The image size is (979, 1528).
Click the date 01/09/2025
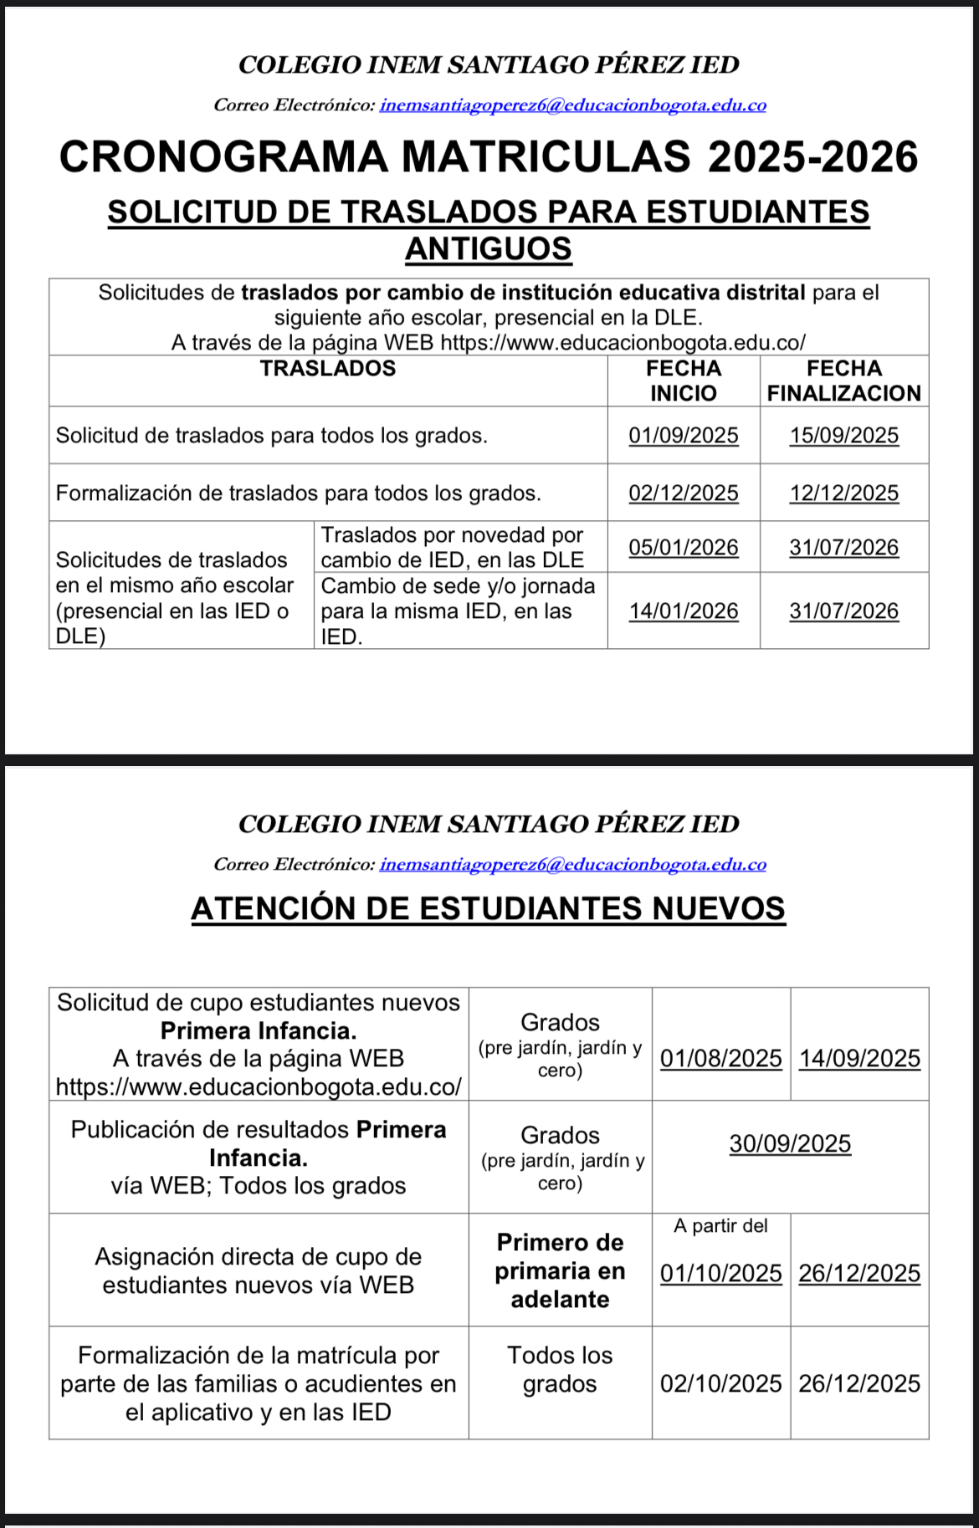point(684,436)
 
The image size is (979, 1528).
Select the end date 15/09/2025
point(843,436)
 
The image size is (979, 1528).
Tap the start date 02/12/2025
point(684,493)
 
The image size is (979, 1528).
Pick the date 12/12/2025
point(843,493)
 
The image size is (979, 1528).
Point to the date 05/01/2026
point(684,548)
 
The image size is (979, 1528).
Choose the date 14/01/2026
point(684,611)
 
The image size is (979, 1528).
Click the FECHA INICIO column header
point(684,381)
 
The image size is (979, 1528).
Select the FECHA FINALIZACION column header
point(843,381)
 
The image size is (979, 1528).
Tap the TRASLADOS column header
point(328,369)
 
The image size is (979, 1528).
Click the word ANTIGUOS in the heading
point(489,249)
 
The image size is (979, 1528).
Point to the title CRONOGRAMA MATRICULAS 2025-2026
point(489,157)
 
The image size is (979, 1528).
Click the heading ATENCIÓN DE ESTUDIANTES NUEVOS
point(489,909)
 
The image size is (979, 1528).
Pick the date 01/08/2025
point(720,1059)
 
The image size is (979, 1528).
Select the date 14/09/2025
point(859,1059)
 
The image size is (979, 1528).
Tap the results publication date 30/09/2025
point(790,1144)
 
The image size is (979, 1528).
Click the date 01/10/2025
point(720,1274)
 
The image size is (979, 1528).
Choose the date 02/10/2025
point(720,1384)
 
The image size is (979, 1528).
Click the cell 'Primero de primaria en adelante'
point(560,1271)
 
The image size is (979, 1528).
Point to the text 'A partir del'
point(720,1226)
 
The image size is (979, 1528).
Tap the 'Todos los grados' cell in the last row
point(560,1370)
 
